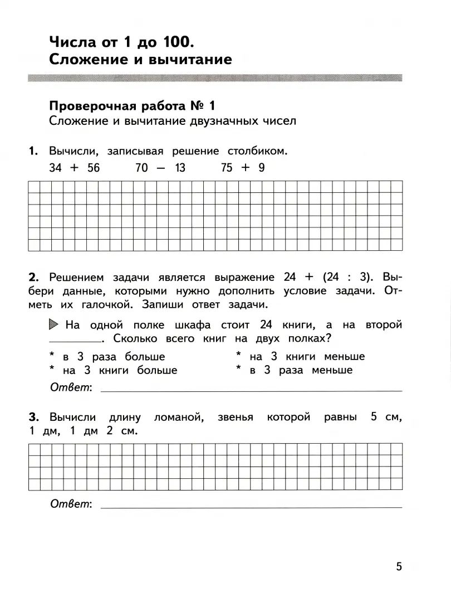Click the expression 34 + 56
(x=74, y=168)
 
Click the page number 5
(x=399, y=566)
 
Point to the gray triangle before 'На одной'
(x=54, y=324)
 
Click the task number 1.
(x=33, y=151)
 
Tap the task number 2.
(x=33, y=277)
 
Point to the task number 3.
(x=33, y=417)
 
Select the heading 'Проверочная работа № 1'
(x=132, y=105)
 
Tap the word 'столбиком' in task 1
(x=257, y=151)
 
